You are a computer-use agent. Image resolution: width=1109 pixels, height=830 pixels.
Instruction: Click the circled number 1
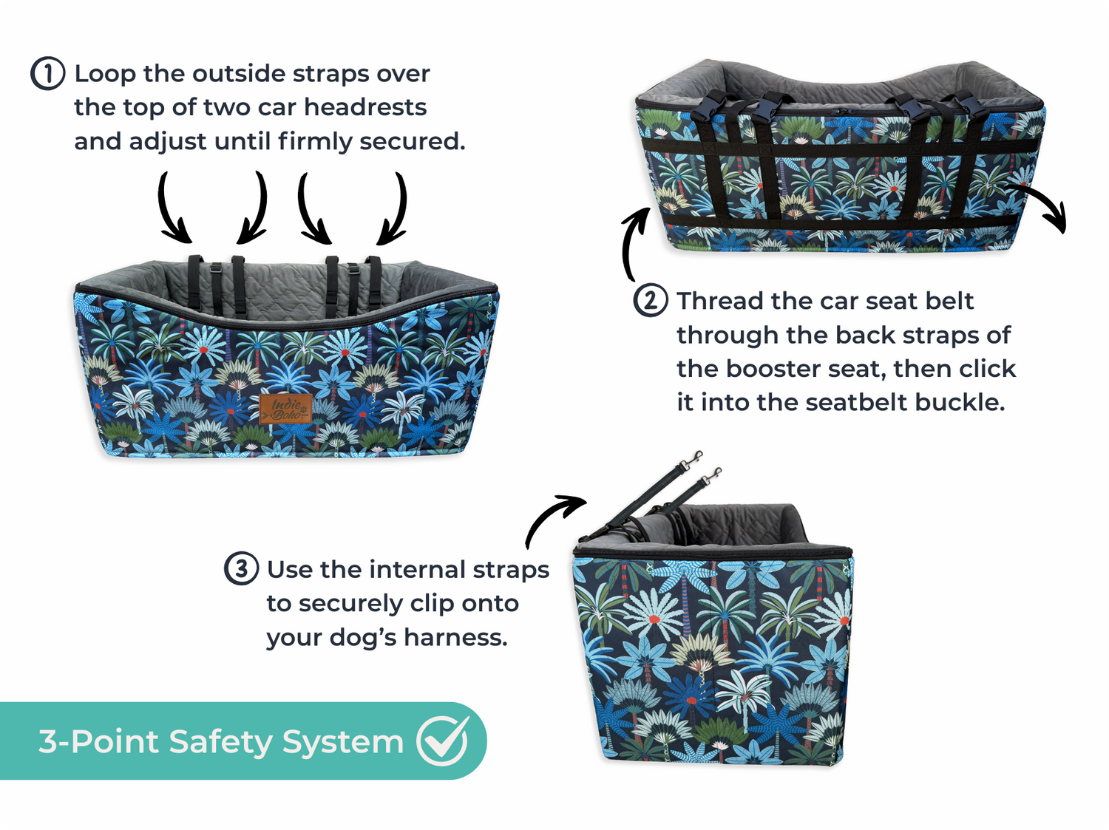[x=47, y=74]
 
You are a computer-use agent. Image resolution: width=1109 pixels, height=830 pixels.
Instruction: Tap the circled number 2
[x=650, y=300]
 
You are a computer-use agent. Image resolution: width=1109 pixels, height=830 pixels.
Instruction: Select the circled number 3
[x=241, y=568]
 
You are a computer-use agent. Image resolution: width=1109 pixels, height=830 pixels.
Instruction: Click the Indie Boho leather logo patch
[x=285, y=409]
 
